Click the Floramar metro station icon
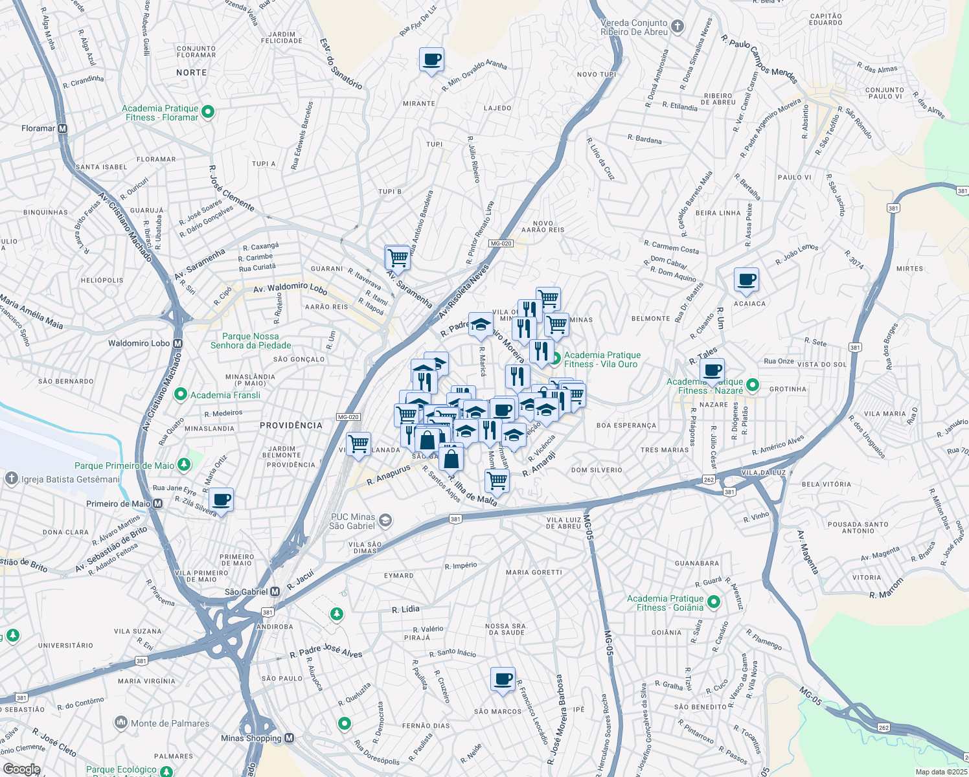(x=63, y=128)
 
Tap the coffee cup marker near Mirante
(x=431, y=61)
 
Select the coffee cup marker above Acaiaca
(x=746, y=280)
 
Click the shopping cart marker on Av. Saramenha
(x=397, y=258)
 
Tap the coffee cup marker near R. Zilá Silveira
(x=221, y=501)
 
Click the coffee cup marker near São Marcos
(x=503, y=681)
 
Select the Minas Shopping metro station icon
(x=290, y=738)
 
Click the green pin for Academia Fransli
(x=182, y=395)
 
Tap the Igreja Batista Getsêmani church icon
(x=11, y=479)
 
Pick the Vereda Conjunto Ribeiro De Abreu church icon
(x=678, y=27)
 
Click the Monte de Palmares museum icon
(x=121, y=723)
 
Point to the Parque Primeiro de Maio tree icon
(x=184, y=465)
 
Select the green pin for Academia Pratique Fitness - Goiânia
(x=714, y=603)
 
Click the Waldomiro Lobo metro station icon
(x=178, y=343)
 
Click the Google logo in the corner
(x=21, y=769)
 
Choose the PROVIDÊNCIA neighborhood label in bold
(x=291, y=425)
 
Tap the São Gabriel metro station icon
(x=275, y=592)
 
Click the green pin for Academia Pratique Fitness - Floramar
(x=208, y=113)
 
